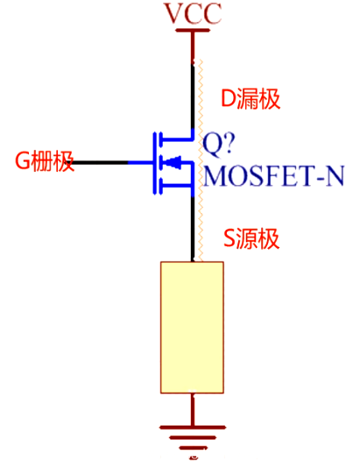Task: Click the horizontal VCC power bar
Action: (193, 32)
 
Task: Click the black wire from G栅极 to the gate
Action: (101, 162)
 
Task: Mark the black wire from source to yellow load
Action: (193, 228)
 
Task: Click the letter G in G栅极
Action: (22, 161)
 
